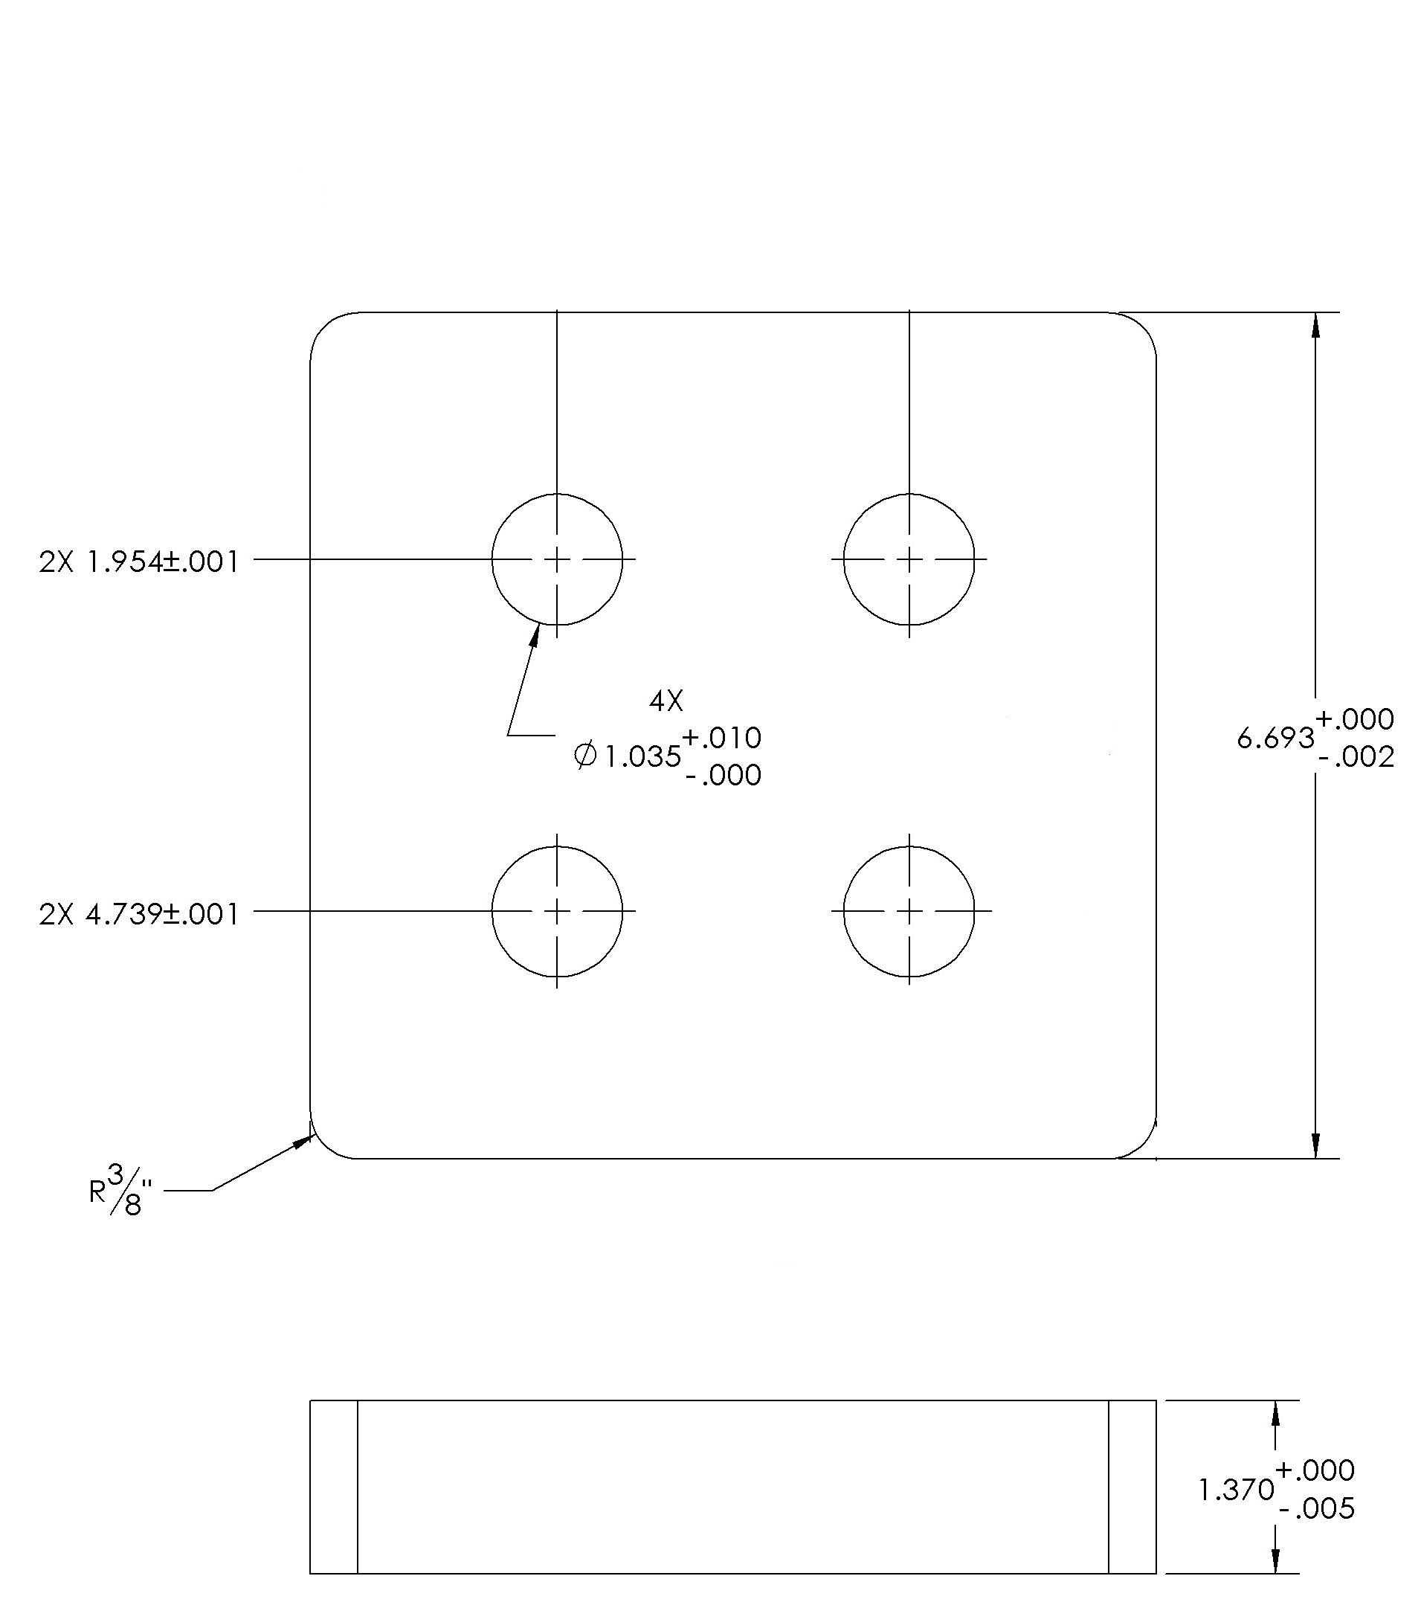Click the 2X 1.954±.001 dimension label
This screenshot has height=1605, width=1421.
[139, 562]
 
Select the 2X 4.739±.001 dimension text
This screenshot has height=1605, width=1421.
[139, 914]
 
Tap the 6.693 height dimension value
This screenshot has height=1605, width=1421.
[1276, 738]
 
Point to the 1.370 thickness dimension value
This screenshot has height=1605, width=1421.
[1237, 1490]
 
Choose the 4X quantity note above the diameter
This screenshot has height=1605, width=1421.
[666, 701]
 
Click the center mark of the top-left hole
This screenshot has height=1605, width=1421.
[558, 559]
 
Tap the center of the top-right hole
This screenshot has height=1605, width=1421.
[909, 559]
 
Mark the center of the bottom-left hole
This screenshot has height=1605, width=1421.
[558, 911]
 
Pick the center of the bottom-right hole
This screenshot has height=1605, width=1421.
[909, 911]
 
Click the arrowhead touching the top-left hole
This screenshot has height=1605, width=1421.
[535, 634]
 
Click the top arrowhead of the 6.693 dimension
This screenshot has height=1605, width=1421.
[1316, 326]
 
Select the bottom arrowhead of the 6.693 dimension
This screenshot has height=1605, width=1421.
[1316, 1145]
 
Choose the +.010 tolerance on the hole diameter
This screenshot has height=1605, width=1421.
[721, 737]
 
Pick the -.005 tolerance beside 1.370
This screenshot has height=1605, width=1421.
[1317, 1508]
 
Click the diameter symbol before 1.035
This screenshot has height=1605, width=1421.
[586, 756]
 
